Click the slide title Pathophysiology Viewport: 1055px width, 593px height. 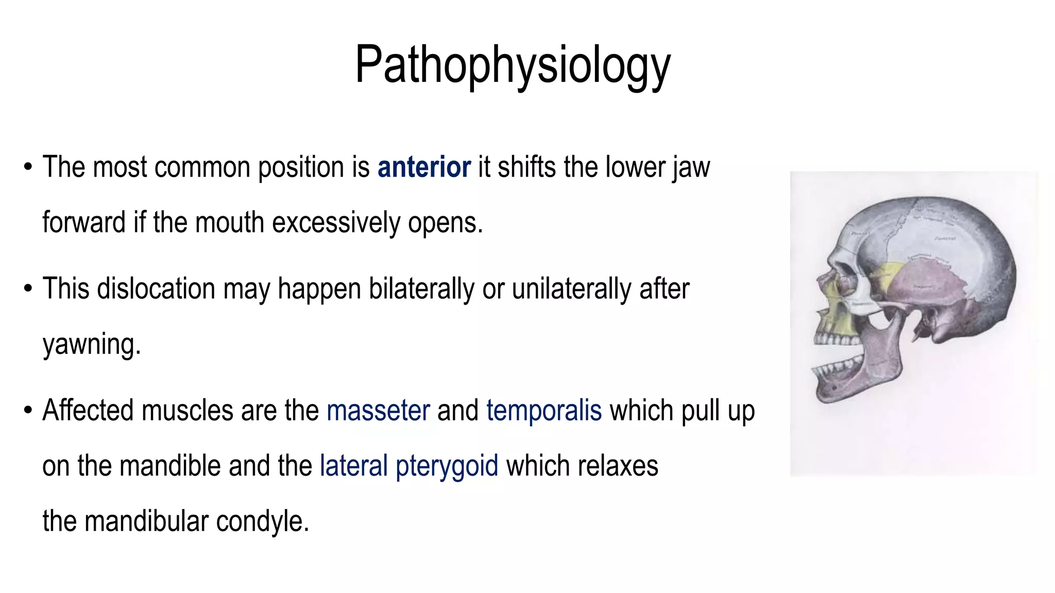click(x=513, y=65)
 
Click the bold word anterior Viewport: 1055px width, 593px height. click(x=424, y=167)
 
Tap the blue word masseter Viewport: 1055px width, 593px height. click(x=378, y=411)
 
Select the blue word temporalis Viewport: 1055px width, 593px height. click(x=544, y=411)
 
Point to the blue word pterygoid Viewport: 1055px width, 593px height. click(x=447, y=466)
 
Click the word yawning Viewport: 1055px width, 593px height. click(x=91, y=344)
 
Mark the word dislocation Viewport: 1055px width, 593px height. click(x=156, y=289)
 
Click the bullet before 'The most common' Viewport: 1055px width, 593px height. click(x=28, y=168)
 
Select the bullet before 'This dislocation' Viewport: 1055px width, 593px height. click(x=28, y=289)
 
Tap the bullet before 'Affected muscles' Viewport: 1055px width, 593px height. click(x=28, y=411)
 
